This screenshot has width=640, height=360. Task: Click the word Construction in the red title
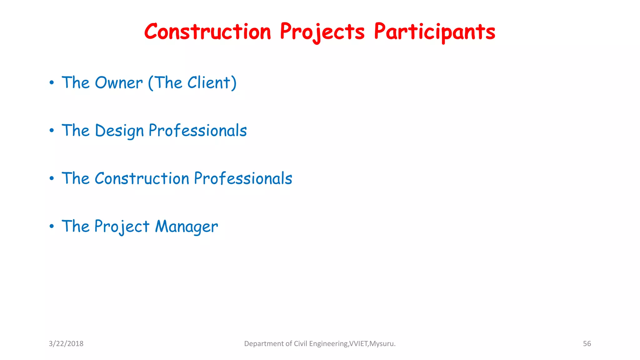pos(207,32)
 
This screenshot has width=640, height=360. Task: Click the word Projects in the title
pos(322,32)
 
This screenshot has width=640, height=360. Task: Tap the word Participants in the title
pos(434,32)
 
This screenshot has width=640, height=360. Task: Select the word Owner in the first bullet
pos(119,83)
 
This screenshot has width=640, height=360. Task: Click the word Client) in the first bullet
pos(212,83)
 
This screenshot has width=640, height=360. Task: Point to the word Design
pos(119,131)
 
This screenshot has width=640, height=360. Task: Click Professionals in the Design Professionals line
pos(197,131)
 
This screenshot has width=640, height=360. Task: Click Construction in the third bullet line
pos(142,178)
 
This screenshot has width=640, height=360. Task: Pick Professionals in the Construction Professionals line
pos(243,178)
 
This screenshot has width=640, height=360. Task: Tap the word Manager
pos(186,227)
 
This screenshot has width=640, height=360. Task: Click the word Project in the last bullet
pos(122,227)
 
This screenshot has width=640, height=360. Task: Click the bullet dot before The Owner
pos(52,83)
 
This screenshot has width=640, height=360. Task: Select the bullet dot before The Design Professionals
pos(52,131)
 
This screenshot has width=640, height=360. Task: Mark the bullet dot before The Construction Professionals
pos(52,179)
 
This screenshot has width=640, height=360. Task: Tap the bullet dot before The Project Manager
pos(52,227)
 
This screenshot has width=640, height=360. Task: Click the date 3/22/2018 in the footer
pos(66,343)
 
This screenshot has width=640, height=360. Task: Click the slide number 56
pos(587,343)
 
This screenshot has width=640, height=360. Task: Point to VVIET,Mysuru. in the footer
pos(372,343)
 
